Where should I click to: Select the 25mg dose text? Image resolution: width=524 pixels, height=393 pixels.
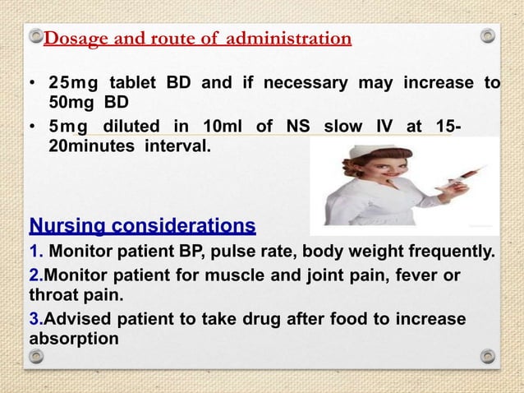coord(73,83)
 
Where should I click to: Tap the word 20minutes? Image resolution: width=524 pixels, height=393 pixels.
coord(94,146)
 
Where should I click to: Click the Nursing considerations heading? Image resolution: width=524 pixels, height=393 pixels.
coord(142,225)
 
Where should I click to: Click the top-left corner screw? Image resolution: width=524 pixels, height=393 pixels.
coord(35,36)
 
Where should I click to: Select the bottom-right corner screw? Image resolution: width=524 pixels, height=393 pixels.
coord(488,356)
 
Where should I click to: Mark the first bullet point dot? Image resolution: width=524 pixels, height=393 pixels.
coord(31,84)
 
